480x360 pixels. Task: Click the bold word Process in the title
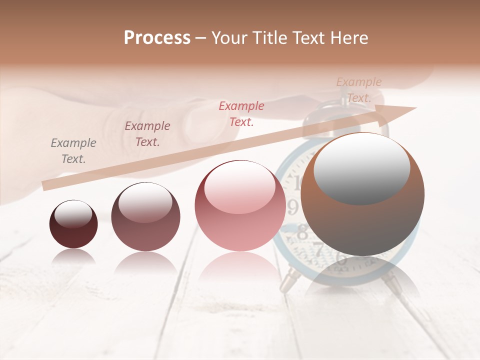click(157, 38)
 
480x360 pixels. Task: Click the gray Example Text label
click(73, 151)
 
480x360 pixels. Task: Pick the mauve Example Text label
click(147, 134)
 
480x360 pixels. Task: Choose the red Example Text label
click(241, 113)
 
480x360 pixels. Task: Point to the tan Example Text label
click(359, 90)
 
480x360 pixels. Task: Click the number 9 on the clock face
click(293, 206)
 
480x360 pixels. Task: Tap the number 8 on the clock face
click(302, 232)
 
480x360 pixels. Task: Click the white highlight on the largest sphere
click(361, 167)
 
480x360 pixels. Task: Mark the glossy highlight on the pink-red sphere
click(239, 187)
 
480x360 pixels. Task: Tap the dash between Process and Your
click(201, 38)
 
